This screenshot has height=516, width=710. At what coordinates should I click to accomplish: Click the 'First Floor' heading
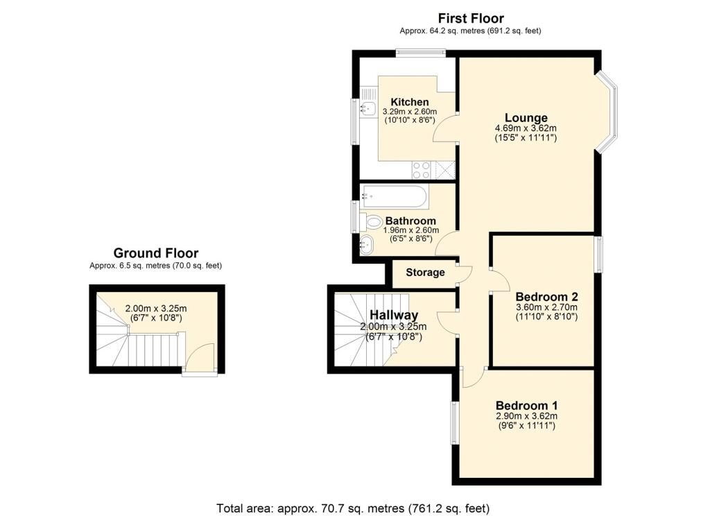click(470, 19)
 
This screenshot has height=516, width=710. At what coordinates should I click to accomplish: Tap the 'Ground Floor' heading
click(156, 253)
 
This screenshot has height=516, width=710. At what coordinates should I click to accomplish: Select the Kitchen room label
click(409, 102)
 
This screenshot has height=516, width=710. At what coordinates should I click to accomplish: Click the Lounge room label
click(526, 117)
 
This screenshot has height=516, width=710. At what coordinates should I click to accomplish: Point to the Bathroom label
click(410, 221)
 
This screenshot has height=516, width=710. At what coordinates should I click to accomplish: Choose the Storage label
click(425, 272)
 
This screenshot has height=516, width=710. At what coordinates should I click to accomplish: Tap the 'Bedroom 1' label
click(526, 405)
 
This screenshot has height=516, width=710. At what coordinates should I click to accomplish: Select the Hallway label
click(393, 316)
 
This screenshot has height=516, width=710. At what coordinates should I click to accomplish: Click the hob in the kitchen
click(420, 169)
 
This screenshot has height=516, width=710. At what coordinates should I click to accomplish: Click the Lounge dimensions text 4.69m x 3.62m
click(526, 128)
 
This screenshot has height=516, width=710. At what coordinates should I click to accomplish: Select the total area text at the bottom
click(353, 508)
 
